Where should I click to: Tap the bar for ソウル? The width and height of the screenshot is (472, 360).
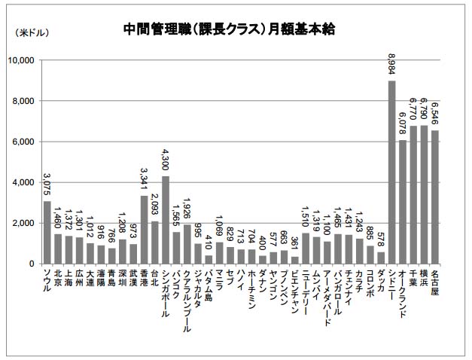click(47, 232)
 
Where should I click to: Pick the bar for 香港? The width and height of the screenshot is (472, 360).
click(144, 230)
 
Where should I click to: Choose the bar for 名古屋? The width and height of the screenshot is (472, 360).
click(434, 197)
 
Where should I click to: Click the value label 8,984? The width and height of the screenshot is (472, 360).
click(391, 66)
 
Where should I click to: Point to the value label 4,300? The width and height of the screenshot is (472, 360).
click(165, 161)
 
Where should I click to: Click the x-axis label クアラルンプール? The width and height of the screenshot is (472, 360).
click(187, 297)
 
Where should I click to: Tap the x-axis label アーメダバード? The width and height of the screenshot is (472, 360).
click(327, 294)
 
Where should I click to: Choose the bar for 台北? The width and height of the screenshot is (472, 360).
click(154, 243)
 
